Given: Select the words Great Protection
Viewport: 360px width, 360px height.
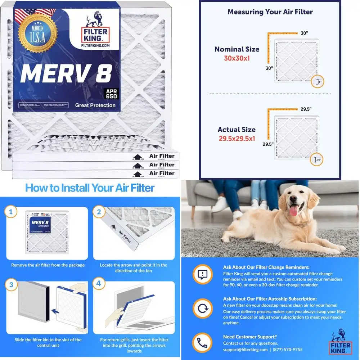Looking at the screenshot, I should tap(95, 105).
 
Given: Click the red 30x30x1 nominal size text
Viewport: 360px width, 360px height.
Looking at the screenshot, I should tap(237, 58).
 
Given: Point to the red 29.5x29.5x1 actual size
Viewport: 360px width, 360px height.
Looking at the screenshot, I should tap(237, 138).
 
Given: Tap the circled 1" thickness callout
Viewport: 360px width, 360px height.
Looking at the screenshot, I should tap(317, 82).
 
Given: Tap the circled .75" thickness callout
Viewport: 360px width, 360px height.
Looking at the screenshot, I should tap(316, 159).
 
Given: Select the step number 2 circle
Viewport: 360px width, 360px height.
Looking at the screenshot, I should tap(99, 212).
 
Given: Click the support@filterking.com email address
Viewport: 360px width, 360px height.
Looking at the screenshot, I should tap(245, 350).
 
